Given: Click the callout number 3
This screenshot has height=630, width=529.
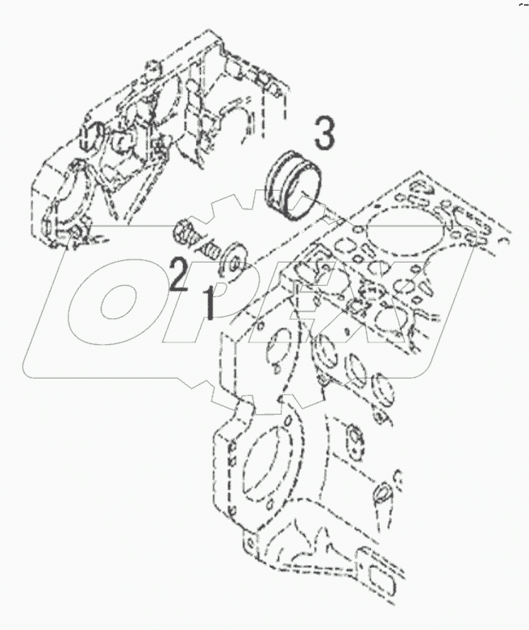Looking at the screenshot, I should [323, 134].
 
